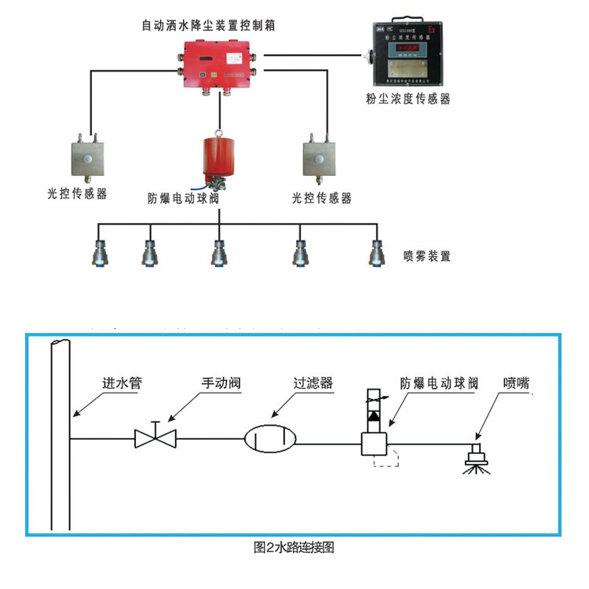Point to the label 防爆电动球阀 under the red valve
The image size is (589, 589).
(183, 197)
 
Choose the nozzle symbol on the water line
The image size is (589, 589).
(475, 455)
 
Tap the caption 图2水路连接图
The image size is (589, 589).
(294, 547)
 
